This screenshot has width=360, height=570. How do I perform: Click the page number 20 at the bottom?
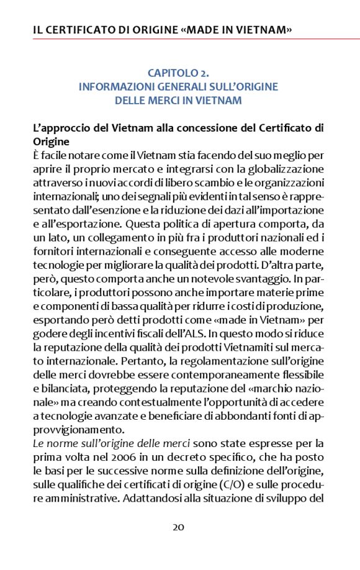coord(178,528)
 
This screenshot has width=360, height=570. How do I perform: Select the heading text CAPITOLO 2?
coord(178,74)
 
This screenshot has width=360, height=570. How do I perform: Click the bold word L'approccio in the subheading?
coord(60,129)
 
